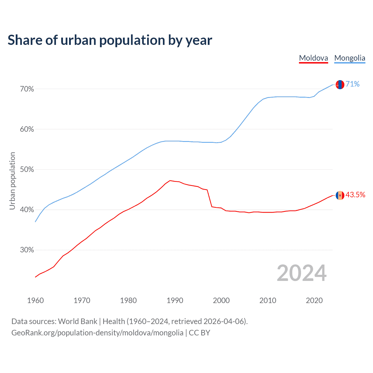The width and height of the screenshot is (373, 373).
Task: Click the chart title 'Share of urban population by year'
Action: point(110,40)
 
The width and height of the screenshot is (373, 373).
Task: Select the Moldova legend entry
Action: point(314,58)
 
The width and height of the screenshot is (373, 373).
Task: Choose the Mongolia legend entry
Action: point(350,58)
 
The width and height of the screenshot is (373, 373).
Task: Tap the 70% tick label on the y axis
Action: point(27,89)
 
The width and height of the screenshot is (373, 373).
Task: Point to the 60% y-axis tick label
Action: point(27,129)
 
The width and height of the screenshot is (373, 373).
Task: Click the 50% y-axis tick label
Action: point(27,170)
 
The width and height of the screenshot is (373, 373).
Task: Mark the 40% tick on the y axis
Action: point(27,210)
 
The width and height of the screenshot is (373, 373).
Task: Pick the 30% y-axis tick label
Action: point(27,250)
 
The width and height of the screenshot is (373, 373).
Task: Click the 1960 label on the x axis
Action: point(35,300)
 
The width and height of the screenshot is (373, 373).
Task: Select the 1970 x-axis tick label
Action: point(82,300)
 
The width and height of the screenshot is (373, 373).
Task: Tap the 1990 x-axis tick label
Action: point(175,300)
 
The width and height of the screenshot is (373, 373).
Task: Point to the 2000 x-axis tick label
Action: point(221,300)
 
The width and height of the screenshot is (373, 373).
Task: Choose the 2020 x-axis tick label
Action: point(314,300)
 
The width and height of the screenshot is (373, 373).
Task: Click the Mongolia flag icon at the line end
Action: point(340,85)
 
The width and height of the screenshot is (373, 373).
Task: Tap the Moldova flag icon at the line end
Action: point(340,195)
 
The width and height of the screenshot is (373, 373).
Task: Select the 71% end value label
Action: point(353,84)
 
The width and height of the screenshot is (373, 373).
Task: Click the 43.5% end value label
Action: point(355,195)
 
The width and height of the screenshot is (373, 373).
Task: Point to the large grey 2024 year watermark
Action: point(302,273)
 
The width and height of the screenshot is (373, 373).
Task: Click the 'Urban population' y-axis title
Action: point(12,181)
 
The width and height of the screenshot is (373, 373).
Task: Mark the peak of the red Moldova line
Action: point(170,181)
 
